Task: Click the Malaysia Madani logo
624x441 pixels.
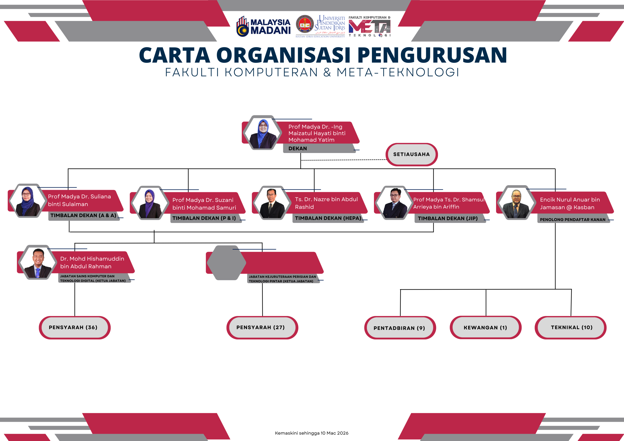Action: point(263,26)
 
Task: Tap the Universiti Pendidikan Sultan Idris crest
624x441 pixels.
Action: point(305,24)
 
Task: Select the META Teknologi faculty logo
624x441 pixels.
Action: point(369,27)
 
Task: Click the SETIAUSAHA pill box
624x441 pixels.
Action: point(411,154)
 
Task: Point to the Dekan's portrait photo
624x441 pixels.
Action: point(263,133)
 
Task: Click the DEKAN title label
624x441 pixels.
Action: point(298,148)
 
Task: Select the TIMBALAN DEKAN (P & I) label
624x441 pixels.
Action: point(204,218)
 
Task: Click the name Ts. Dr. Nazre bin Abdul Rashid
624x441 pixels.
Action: point(326,203)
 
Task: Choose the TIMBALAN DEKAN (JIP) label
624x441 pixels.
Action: point(448,219)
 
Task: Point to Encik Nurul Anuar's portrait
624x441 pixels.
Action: point(516,203)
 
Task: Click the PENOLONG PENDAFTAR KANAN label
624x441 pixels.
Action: point(572,220)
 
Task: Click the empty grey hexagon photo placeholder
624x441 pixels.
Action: point(226,263)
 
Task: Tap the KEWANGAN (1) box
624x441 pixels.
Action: point(485,328)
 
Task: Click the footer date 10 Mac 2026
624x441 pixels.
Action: point(334,433)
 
